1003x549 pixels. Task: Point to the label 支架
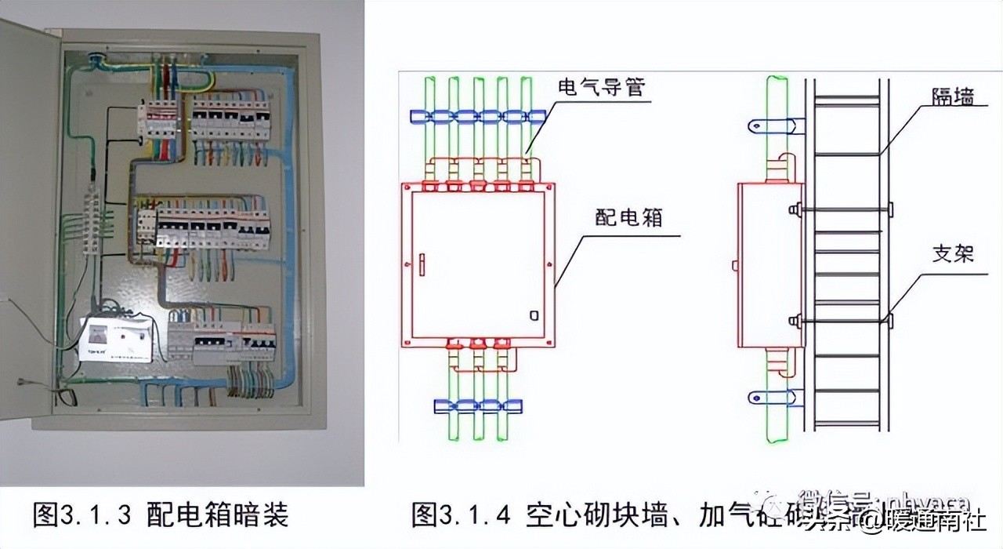pyautogui.click(x=953, y=254)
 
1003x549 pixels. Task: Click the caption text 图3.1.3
pyautogui.click(x=82, y=515)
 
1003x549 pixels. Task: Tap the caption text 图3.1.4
pyautogui.click(x=462, y=515)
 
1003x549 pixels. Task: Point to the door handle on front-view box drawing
pyautogui.click(x=420, y=264)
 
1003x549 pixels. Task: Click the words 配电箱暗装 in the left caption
pyautogui.click(x=218, y=515)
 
